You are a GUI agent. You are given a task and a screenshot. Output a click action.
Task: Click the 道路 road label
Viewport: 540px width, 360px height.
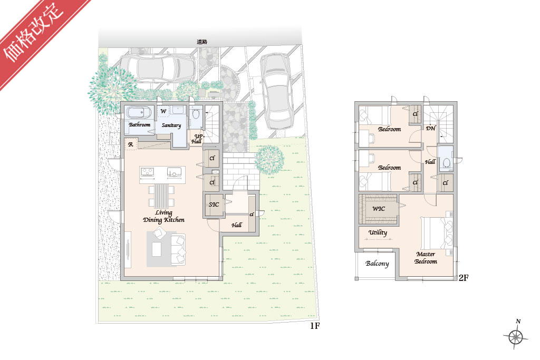point(202,42)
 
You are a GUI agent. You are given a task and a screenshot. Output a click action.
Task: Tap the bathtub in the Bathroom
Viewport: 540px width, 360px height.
point(139,113)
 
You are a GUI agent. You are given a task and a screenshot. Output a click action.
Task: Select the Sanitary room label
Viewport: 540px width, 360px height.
point(171,125)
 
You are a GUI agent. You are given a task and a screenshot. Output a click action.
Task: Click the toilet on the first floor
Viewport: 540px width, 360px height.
point(196,114)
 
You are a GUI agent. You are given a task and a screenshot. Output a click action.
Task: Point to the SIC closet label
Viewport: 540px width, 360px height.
point(214,205)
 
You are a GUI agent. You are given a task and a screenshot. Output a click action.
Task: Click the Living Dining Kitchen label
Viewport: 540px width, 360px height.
point(163,217)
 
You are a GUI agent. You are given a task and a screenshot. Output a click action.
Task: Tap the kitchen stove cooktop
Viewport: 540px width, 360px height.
point(148,172)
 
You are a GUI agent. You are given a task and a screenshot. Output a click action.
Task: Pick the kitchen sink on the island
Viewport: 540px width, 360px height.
point(174,172)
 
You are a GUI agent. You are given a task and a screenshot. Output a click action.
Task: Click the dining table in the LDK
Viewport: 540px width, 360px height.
point(161,196)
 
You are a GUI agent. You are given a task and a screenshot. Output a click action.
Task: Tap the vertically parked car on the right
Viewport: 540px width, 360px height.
point(277,91)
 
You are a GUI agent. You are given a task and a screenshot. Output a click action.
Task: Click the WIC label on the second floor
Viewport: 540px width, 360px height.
point(379,209)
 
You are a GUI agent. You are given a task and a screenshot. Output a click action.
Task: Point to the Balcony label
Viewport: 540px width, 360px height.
point(377,264)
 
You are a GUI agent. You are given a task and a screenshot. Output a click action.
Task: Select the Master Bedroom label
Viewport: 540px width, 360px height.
point(426,258)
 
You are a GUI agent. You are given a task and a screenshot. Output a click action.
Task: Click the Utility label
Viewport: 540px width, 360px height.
point(378,232)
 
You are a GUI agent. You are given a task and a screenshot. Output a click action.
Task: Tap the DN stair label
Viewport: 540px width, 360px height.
point(430,129)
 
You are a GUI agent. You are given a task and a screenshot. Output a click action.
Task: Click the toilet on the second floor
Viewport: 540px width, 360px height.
point(446,162)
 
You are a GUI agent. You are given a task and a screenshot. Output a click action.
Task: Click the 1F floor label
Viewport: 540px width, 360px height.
point(315,326)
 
